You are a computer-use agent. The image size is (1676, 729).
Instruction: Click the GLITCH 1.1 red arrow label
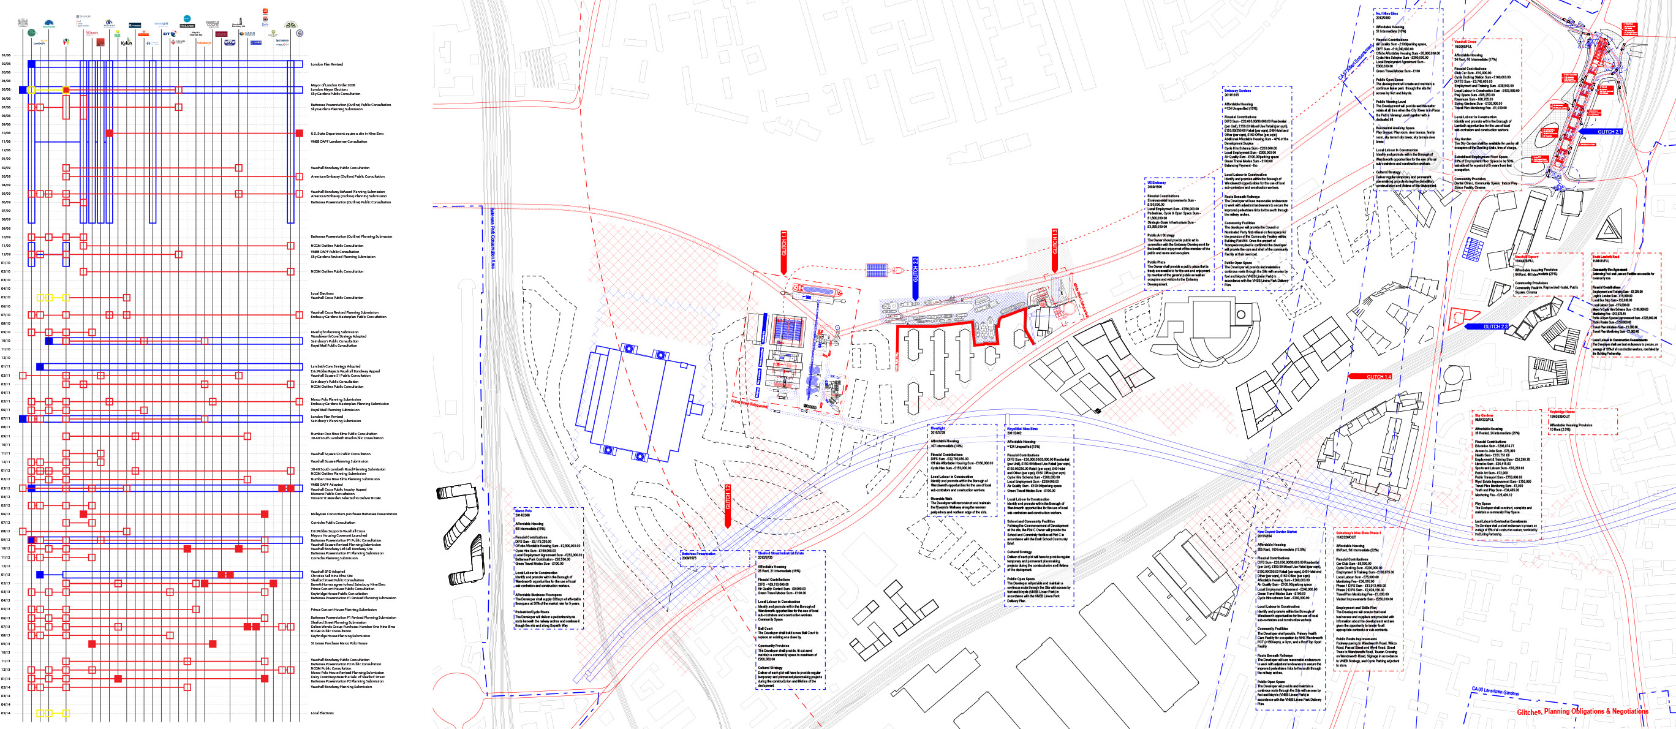[784, 244]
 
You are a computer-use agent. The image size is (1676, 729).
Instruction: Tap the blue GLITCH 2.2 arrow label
[915, 270]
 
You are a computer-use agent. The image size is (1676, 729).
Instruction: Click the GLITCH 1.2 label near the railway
[728, 498]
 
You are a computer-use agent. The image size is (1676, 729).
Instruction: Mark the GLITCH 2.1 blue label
[1609, 132]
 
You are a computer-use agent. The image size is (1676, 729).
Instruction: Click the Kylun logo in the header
[126, 43]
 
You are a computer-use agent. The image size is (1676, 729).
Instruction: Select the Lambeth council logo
[39, 43]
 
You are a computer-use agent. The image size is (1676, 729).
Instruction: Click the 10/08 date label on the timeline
[6, 133]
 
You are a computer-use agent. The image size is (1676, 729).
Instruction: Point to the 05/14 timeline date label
[6, 712]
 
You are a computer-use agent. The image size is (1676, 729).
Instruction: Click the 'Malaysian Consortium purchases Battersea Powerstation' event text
[353, 514]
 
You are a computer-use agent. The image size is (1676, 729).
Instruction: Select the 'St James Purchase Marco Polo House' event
[338, 643]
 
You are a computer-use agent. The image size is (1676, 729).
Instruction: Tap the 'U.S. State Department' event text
[347, 134]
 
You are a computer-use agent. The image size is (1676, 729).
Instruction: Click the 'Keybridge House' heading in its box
[1561, 412]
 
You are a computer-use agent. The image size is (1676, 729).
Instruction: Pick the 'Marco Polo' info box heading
[524, 511]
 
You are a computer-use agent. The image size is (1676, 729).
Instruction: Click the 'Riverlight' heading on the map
[938, 428]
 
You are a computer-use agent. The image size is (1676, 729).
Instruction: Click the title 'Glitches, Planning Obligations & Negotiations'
[1582, 711]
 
